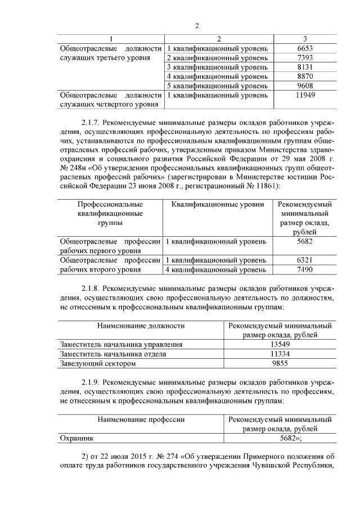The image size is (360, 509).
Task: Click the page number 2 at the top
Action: (x=197, y=26)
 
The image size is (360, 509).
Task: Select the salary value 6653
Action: (x=304, y=48)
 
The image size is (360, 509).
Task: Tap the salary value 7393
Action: (x=304, y=58)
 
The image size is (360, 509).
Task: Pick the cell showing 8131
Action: (x=304, y=67)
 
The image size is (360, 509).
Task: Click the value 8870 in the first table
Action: (x=304, y=76)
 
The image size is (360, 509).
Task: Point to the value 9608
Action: (x=304, y=85)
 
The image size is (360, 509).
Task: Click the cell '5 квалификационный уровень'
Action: (x=217, y=85)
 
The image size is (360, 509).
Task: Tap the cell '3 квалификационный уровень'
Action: (x=217, y=67)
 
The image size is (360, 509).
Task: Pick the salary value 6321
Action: (x=304, y=260)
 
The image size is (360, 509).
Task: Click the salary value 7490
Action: (x=304, y=269)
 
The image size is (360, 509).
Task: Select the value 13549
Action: (x=279, y=344)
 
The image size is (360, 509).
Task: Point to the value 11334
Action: (x=279, y=354)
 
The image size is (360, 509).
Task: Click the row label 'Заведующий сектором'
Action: (x=98, y=363)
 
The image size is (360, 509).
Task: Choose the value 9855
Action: (x=279, y=363)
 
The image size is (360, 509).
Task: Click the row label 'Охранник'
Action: (x=78, y=439)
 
